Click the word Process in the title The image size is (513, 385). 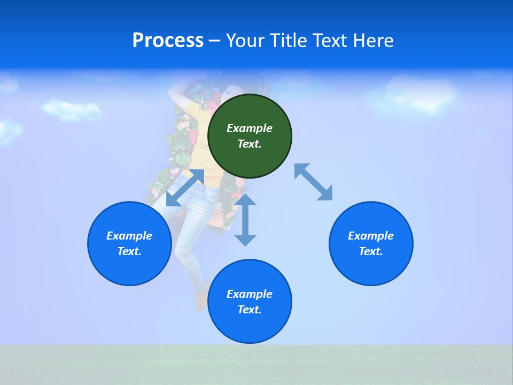pos(168,41)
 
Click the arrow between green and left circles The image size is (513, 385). pos(185,188)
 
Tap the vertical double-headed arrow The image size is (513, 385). pos(245,220)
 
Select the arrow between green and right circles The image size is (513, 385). pos(313,182)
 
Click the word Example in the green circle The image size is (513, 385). pos(250,128)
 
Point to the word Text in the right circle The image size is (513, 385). pos(370,251)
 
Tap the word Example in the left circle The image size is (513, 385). pos(129,236)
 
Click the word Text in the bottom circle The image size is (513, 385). pos(249,310)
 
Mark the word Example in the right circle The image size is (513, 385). pos(371,236)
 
